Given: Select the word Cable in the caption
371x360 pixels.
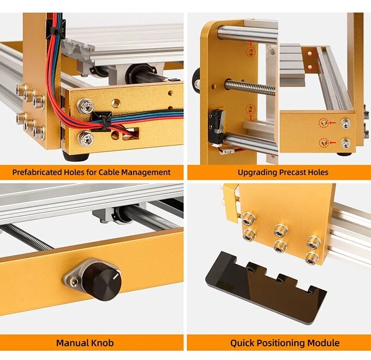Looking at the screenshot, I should tap(111, 172).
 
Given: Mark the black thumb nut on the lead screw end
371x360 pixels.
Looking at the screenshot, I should tap(196, 85).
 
